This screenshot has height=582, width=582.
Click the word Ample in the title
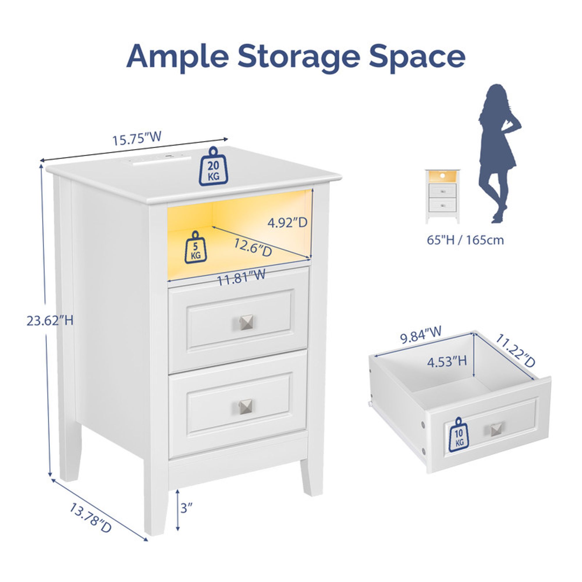tap(178, 58)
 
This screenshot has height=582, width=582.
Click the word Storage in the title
tap(299, 58)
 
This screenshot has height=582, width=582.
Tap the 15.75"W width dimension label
tap(137, 138)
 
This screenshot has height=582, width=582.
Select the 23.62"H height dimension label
tap(50, 320)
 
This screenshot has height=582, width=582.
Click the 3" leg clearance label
tap(187, 508)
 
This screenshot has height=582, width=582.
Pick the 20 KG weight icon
tap(213, 166)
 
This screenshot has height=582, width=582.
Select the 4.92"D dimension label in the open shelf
tap(288, 223)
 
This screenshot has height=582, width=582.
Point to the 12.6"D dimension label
tap(253, 247)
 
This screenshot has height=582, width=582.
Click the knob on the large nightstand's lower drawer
tap(246, 407)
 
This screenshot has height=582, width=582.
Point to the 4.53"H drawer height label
tap(447, 361)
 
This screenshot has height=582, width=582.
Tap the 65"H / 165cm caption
tap(465, 240)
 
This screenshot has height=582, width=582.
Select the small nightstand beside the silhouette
tap(443, 196)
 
